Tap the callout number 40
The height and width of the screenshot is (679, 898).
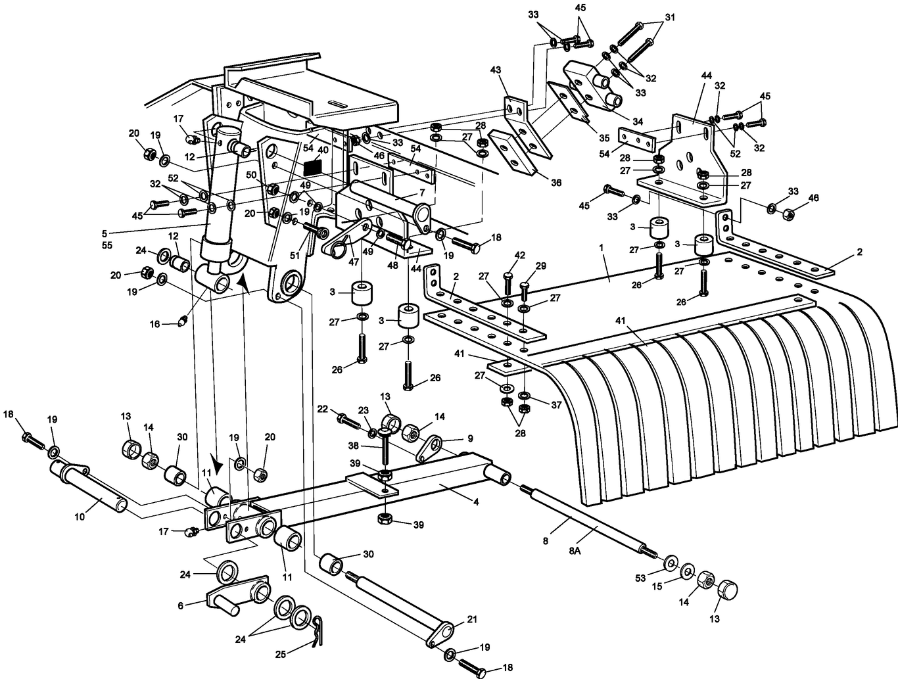coord(322,150)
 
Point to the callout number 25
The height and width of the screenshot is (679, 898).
coord(281,655)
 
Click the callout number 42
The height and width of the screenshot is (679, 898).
coord(519,255)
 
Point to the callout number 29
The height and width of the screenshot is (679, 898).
coord(540,266)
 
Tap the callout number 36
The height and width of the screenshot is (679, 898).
coord(556,183)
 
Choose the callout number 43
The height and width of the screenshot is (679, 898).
coord(495,70)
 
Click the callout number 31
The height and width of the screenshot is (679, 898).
coord(669,18)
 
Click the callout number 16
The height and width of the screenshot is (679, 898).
coord(155,324)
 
